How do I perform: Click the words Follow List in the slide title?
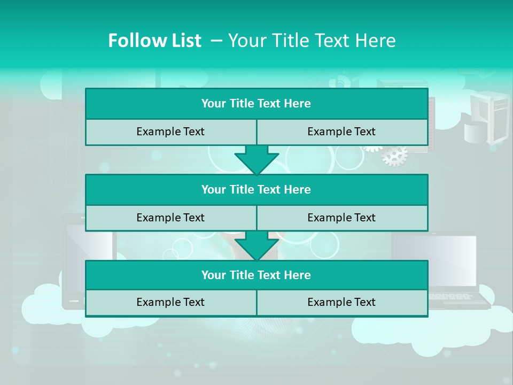(x=154, y=41)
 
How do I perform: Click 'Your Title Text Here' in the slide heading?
(x=312, y=41)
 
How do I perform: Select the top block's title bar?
(x=256, y=104)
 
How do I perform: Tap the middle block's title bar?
(x=256, y=189)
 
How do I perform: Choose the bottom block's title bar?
(x=256, y=275)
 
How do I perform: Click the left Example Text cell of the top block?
(x=170, y=132)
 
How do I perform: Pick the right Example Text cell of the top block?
(x=341, y=132)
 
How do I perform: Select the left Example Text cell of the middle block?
(x=170, y=218)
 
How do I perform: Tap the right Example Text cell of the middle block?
(x=341, y=218)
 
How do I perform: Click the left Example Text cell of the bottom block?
(x=170, y=302)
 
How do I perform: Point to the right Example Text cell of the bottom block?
(x=341, y=302)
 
